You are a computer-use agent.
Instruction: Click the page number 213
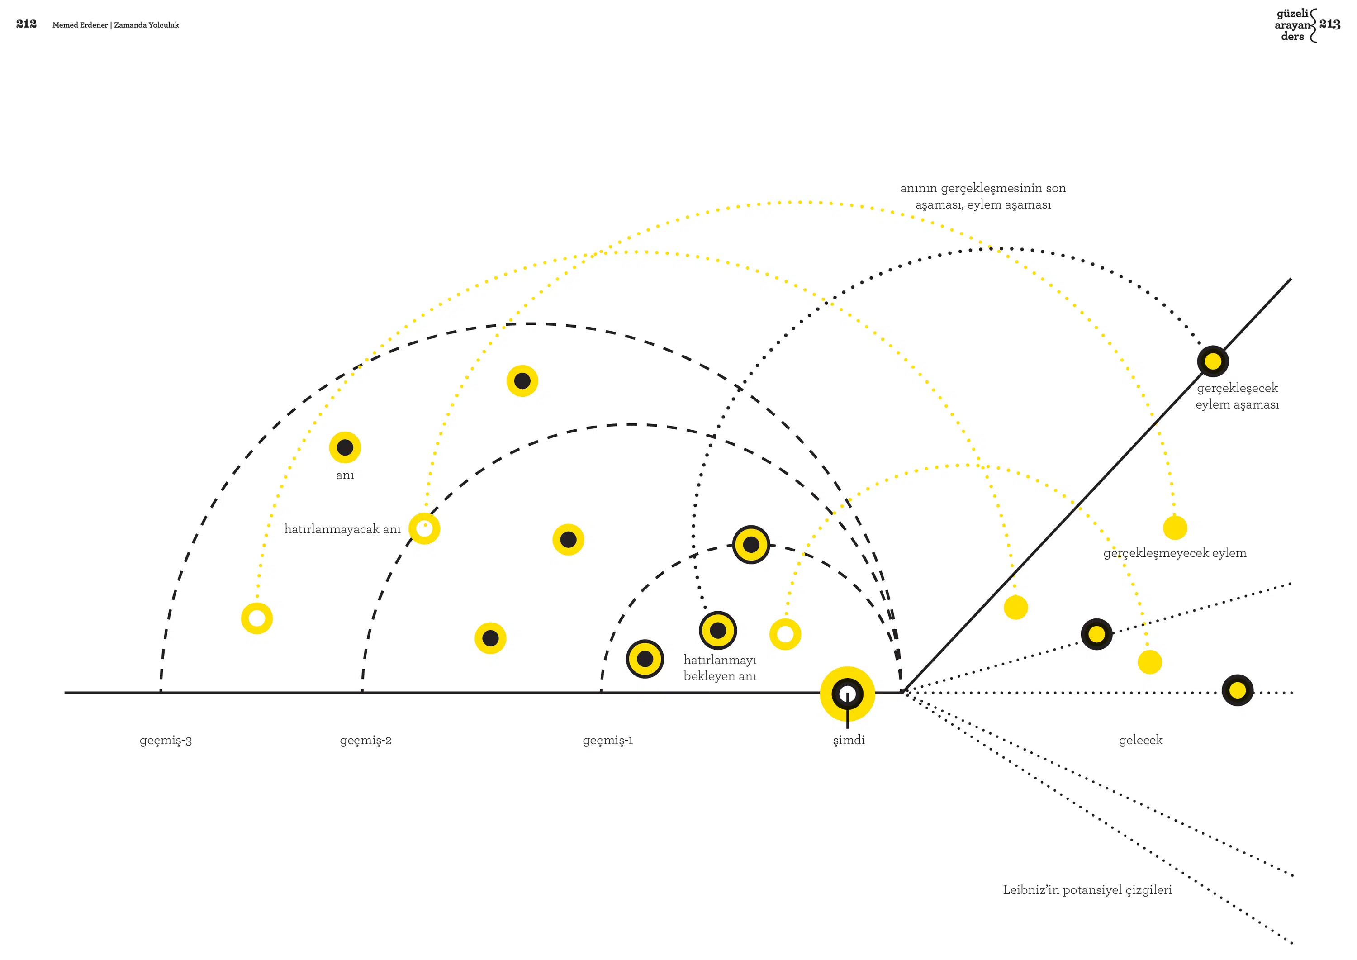(1330, 24)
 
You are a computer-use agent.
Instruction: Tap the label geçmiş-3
(166, 741)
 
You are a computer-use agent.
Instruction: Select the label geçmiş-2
(366, 741)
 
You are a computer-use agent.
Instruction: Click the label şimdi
(849, 741)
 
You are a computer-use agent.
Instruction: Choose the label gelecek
(1141, 740)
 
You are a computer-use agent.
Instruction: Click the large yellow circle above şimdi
(848, 694)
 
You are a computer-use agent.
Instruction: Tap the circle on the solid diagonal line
(1213, 361)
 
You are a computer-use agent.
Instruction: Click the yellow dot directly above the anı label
(345, 447)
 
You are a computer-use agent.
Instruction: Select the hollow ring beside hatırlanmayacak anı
(424, 528)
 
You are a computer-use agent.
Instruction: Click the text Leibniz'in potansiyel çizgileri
(1087, 890)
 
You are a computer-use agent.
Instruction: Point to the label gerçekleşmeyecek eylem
(1175, 553)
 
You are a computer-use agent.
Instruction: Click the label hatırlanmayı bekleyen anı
(720, 667)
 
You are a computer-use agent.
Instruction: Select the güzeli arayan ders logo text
(1293, 25)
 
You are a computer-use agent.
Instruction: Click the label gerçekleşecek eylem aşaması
(1237, 396)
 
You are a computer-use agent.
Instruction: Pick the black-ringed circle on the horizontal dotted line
(1238, 690)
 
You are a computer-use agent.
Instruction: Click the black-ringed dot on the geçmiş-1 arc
(751, 544)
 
